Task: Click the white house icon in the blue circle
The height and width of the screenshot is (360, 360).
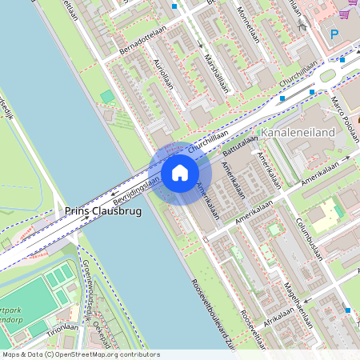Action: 180,172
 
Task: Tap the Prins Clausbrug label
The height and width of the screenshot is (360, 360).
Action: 102,212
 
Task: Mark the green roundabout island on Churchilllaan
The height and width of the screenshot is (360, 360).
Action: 327,76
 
